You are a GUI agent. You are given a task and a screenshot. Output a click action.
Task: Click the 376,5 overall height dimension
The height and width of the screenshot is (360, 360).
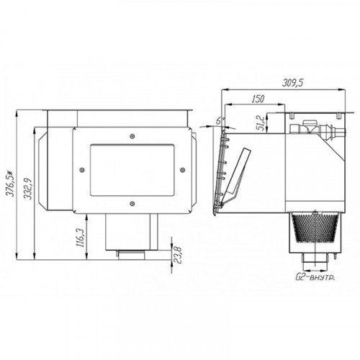(x=12, y=184)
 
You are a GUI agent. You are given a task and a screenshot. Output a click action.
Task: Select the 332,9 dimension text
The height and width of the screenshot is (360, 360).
(x=29, y=189)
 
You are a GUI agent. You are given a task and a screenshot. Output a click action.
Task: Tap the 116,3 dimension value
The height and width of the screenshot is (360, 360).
(x=80, y=238)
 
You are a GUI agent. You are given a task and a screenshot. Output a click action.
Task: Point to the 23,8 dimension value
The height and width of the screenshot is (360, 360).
(x=179, y=255)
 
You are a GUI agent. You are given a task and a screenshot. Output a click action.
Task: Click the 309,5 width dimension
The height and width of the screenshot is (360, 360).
(x=292, y=83)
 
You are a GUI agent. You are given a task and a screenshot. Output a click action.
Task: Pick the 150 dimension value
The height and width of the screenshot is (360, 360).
(x=258, y=99)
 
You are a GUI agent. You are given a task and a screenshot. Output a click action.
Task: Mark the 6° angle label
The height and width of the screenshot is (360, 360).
(x=219, y=121)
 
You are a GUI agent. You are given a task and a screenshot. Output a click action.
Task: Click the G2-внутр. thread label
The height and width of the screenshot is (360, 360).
(x=315, y=278)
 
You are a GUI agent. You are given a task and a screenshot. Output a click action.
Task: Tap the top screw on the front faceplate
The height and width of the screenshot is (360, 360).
(x=132, y=136)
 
